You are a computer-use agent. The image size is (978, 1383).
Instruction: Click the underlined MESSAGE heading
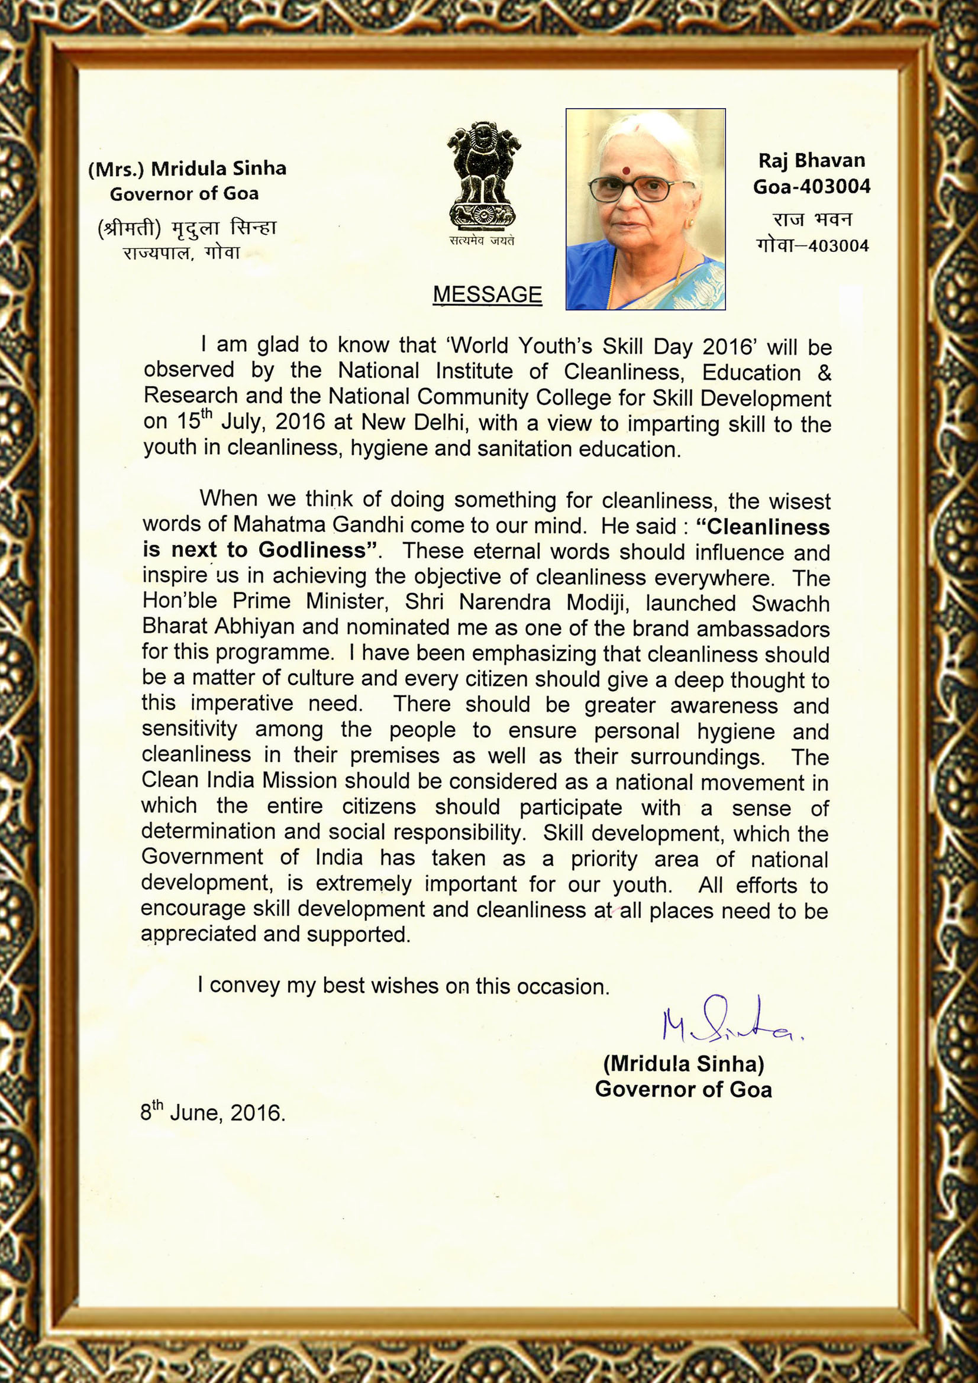pos(488,294)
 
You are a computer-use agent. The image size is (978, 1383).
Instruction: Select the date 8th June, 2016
pos(213,1112)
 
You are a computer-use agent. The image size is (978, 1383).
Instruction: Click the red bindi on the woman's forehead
pos(627,170)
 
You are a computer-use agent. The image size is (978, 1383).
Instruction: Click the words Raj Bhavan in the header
pos(811,160)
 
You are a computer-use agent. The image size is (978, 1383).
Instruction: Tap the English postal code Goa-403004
pos(812,187)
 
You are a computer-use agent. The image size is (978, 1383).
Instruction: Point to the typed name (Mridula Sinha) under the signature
pos(683,1064)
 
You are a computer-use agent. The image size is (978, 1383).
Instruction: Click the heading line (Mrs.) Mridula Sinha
pos(187,169)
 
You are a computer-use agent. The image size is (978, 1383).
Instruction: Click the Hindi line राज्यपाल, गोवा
pos(182,252)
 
